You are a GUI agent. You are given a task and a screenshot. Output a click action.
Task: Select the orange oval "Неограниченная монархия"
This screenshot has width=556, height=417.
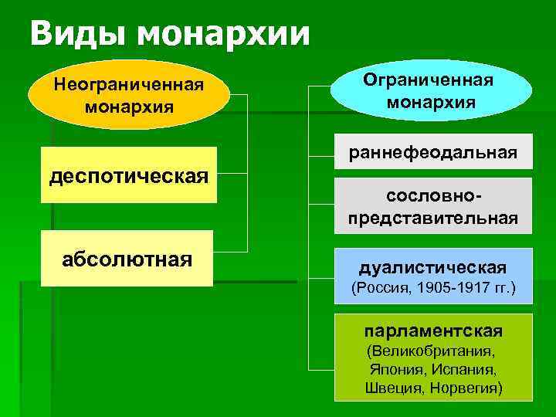[x=129, y=93]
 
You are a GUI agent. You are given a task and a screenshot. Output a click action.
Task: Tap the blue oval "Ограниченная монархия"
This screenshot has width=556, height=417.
[x=431, y=90]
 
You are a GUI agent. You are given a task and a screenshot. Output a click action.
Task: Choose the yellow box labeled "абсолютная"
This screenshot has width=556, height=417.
[x=127, y=258]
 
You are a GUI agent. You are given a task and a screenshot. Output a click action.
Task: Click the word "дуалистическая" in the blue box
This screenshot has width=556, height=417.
[x=432, y=268]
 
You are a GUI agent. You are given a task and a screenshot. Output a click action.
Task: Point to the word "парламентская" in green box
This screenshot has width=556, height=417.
[x=433, y=331]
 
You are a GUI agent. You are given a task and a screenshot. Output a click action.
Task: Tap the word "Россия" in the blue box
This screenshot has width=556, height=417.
[x=381, y=290]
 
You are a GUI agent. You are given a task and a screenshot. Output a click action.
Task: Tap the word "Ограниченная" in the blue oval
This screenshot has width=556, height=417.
[x=431, y=80]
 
